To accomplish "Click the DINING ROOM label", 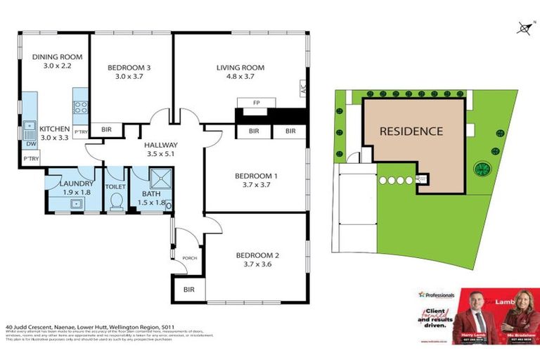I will pos(57,57).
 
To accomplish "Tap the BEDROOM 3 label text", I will pos(129,67).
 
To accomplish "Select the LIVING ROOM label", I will pos(240,67).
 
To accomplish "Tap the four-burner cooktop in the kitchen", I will pos(81,108).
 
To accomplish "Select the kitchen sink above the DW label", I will pos(30,129).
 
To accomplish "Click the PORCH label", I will pos(188,257).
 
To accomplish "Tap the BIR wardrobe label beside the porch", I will pos(188,288).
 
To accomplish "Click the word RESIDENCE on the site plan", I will pos(411,131).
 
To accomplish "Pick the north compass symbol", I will pos(523,28).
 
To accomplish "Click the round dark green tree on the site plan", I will pos(482,169).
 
